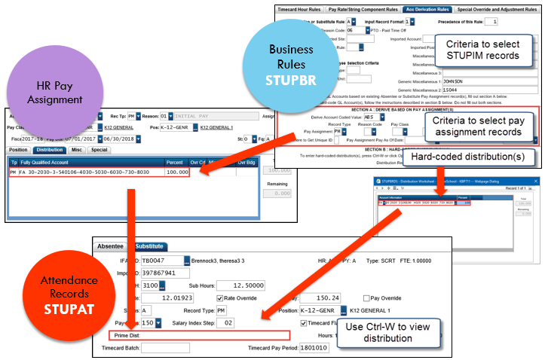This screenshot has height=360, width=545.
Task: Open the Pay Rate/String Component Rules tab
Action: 363,10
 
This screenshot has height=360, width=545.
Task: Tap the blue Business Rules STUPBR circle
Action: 290,64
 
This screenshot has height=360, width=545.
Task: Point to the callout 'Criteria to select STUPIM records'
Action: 482,50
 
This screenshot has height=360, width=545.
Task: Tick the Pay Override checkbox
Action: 366,297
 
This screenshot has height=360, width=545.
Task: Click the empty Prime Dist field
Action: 211,335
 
